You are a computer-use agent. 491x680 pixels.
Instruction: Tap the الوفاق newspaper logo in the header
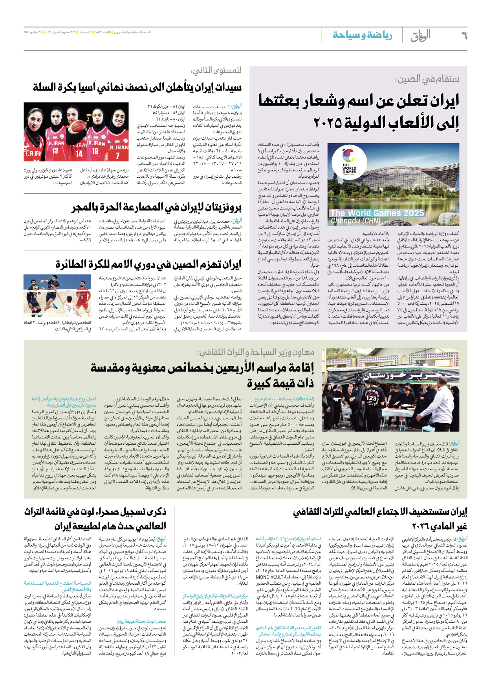coord(421,36)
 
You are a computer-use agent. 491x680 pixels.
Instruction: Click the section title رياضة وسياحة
coord(362,35)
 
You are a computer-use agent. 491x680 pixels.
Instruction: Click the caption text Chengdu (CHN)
coord(355,221)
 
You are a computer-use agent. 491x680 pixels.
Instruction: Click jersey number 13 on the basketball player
coord(55,151)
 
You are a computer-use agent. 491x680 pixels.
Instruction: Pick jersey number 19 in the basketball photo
coord(95,150)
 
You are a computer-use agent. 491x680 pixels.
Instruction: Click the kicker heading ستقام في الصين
coord(427,79)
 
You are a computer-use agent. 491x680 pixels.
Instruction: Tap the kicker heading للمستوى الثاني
coord(216,71)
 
